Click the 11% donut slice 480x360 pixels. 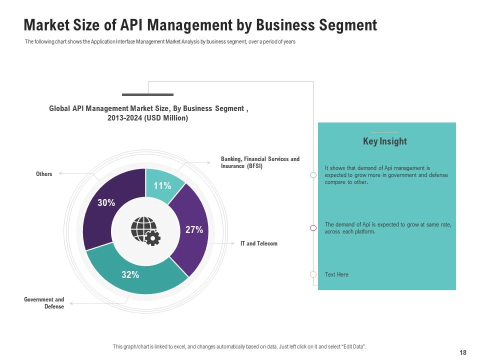coord(161,185)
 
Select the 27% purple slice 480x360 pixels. coord(192,229)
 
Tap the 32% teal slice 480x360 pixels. coord(131,274)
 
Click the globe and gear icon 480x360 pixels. coord(145,230)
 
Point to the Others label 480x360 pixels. coord(44,174)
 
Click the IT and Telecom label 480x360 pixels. coord(258,243)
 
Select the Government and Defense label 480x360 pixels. coord(44,303)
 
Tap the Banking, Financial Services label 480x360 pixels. coord(260,162)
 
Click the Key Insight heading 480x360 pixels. coord(384,141)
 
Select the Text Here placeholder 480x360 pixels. coord(336,274)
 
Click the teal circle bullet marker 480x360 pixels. coord(313,175)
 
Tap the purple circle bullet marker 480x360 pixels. coord(313,228)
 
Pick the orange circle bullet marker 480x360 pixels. coord(313,274)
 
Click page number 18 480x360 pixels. coord(462,352)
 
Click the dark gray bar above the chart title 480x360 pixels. coord(147,94)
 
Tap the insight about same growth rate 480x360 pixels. coord(387,228)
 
